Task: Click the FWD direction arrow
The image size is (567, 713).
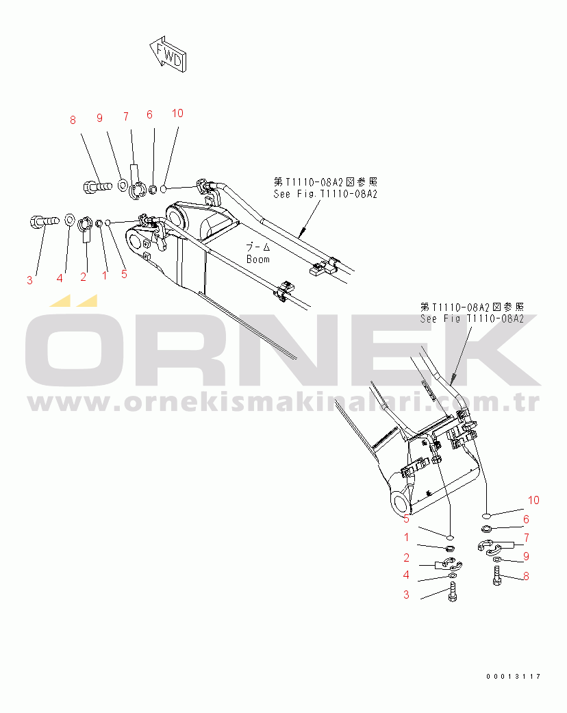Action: pos(166,54)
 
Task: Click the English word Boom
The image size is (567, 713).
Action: pos(258,260)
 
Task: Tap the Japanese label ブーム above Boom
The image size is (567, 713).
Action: pos(258,247)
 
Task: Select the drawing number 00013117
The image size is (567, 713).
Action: pos(514,677)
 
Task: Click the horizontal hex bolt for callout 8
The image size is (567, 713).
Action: pos(97,184)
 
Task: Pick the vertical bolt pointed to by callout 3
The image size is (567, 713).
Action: pos(453,592)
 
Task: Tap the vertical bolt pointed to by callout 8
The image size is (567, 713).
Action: pos(497,576)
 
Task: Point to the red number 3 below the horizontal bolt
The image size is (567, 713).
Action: pos(29,279)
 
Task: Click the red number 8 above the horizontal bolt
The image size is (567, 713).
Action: pos(73,121)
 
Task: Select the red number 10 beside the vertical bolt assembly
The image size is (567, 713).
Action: pos(533,501)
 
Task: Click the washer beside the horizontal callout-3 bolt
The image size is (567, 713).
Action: pos(70,220)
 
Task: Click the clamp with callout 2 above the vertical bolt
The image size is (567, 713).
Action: pos(447,566)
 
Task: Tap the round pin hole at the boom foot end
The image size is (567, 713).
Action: pos(400,504)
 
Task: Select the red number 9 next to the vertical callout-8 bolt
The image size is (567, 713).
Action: pos(526,556)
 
